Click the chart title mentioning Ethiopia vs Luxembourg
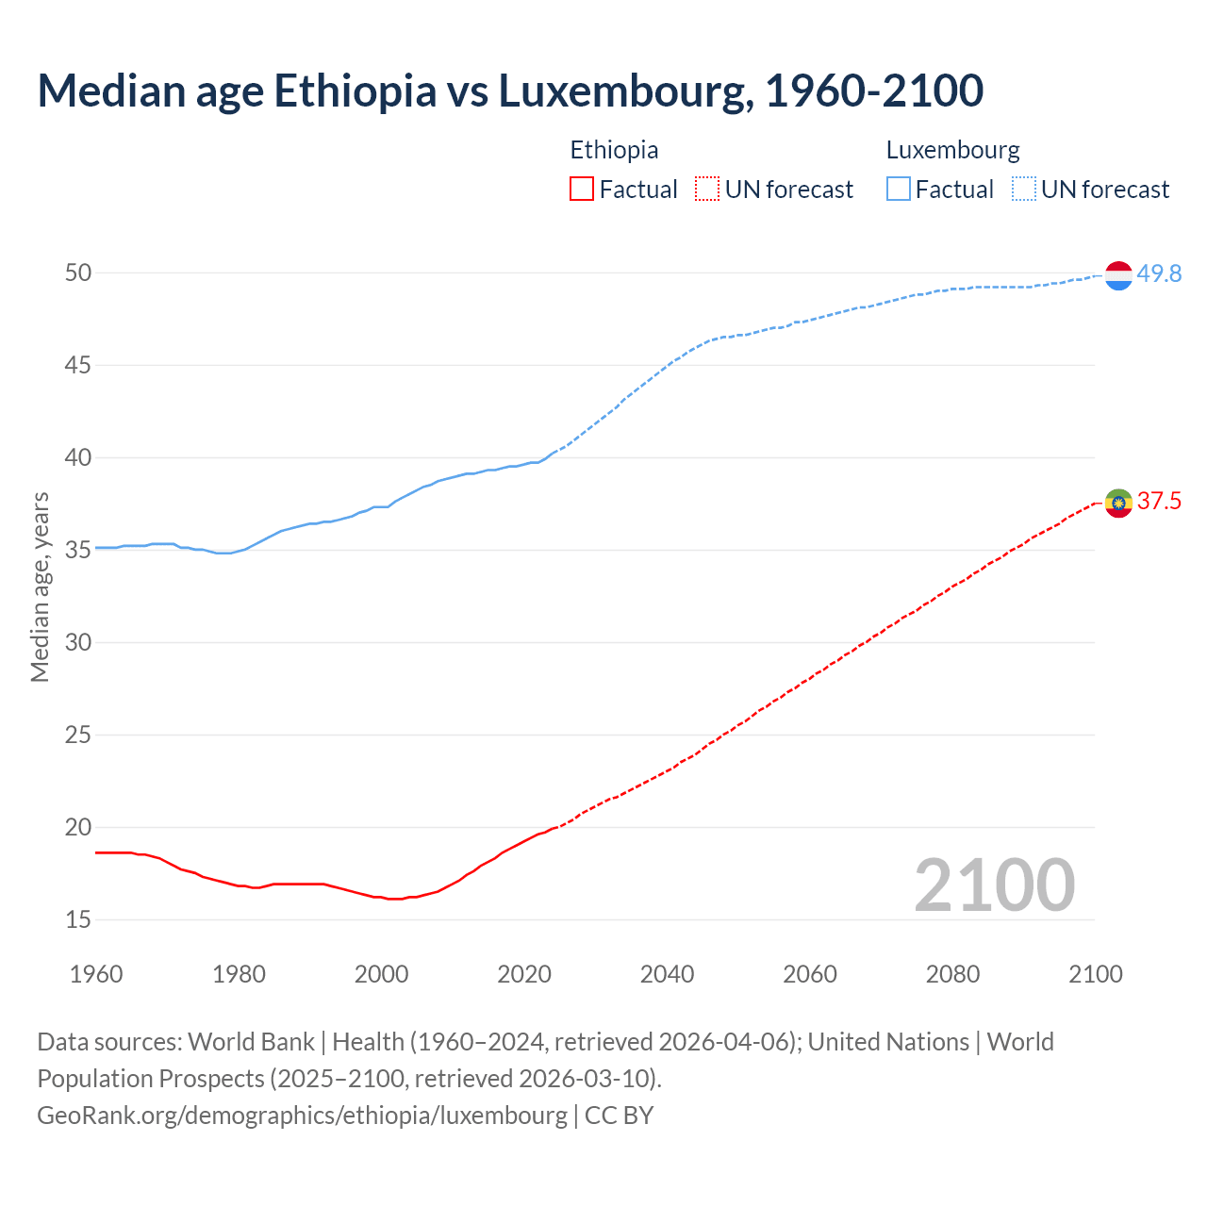[510, 91]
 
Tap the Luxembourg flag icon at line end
[1118, 275]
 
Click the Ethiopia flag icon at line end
[1118, 503]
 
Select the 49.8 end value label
[1159, 274]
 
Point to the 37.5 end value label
[1159, 502]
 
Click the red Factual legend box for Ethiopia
[582, 190]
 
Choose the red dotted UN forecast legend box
[707, 190]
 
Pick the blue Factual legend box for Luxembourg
[898, 190]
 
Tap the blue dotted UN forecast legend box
[1023, 190]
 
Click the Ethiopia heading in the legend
[614, 150]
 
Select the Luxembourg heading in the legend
[952, 150]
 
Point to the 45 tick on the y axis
[78, 365]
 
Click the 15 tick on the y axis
[78, 919]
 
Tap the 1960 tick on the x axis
[96, 974]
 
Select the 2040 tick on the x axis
[667, 974]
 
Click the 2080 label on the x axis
[952, 974]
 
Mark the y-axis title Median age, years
[40, 587]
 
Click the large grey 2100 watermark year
[994, 885]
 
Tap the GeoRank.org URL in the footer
[302, 1116]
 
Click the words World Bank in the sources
[251, 1042]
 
